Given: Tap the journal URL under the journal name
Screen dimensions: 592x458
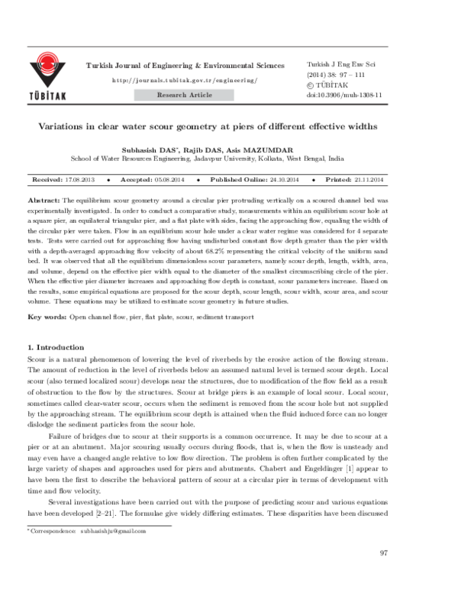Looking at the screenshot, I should pyautogui.click(x=185, y=80).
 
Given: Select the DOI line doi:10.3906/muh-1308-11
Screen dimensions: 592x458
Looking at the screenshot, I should pyautogui.click(x=343, y=96).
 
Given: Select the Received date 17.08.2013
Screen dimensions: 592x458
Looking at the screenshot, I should pyautogui.click(x=80, y=179).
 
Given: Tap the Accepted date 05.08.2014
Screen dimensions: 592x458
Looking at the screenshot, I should pyautogui.click(x=174, y=179).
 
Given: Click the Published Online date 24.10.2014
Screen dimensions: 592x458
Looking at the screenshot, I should pyautogui.click(x=282, y=179).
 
